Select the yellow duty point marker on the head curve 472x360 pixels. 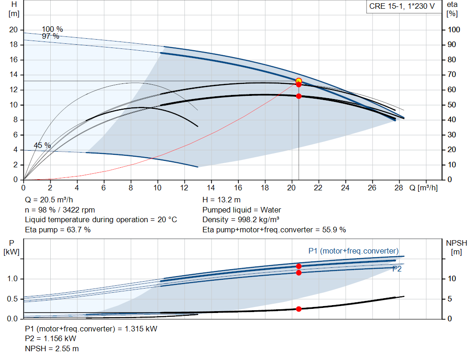299,81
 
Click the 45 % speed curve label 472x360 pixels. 42,145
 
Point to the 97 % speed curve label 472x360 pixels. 51,36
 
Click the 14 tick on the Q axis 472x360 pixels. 211,188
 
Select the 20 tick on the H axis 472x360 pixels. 13,30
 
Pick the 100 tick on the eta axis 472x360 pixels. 454,30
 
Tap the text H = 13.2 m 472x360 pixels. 221,200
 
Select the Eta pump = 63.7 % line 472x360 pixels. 58,230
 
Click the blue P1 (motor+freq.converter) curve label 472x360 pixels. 353,251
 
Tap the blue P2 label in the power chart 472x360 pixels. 397,269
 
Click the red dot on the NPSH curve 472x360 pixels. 299,309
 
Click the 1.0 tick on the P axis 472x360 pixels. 12,279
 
